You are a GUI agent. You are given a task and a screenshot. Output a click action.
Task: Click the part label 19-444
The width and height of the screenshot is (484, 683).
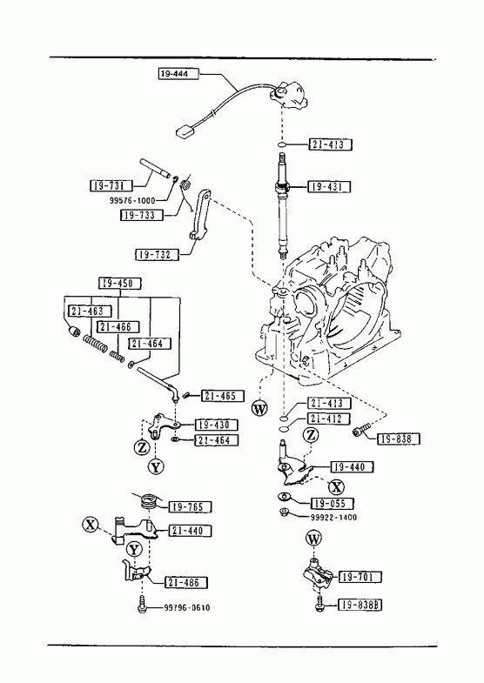(178, 74)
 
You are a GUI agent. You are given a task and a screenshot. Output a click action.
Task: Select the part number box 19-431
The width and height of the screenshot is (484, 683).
(329, 186)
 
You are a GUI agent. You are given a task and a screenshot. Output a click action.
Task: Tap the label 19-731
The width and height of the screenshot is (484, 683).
(111, 185)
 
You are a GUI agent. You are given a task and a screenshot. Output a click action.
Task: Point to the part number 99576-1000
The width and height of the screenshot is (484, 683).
(132, 201)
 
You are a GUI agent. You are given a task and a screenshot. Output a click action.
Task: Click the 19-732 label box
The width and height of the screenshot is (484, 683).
(158, 254)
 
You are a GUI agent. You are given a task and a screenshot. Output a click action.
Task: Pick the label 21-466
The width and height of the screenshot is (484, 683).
(118, 326)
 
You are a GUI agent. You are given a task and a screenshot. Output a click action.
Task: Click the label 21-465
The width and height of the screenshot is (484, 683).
(223, 396)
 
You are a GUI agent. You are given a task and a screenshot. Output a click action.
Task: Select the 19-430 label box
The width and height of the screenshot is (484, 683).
(217, 425)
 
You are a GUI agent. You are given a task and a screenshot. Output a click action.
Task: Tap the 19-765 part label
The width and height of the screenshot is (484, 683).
(190, 506)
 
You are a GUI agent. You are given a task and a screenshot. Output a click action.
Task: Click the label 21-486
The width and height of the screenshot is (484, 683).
(186, 582)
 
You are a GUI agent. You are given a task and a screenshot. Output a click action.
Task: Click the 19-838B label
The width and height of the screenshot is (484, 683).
(360, 605)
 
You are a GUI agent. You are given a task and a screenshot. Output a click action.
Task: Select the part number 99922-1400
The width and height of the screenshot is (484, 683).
(333, 517)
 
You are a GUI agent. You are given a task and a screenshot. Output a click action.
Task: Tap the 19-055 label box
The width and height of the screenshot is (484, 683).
(332, 503)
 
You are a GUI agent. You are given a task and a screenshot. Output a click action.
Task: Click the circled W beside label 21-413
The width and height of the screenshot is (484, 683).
(259, 408)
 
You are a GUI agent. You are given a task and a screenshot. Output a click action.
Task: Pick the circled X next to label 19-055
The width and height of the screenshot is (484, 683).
(336, 486)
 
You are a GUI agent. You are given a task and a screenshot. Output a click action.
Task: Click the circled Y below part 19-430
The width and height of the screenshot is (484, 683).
(156, 466)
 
